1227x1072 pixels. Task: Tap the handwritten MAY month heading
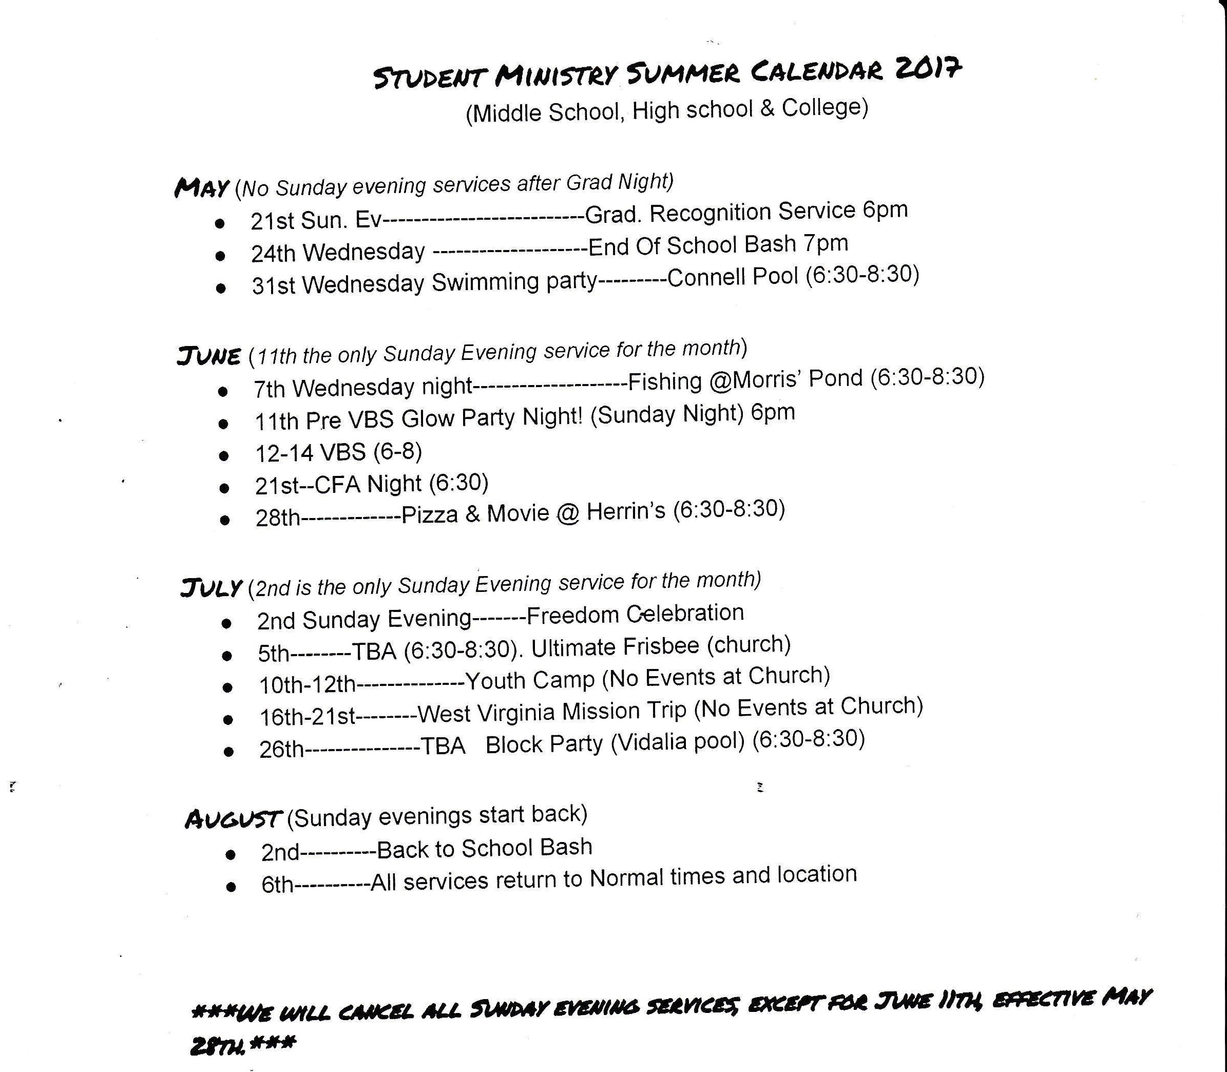[201, 188]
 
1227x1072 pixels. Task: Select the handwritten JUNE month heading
[209, 356]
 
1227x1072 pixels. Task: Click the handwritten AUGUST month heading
[233, 818]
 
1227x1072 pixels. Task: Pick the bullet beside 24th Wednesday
[220, 256]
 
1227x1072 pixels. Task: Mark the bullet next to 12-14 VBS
[224, 455]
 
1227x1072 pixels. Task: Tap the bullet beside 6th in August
[231, 887]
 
